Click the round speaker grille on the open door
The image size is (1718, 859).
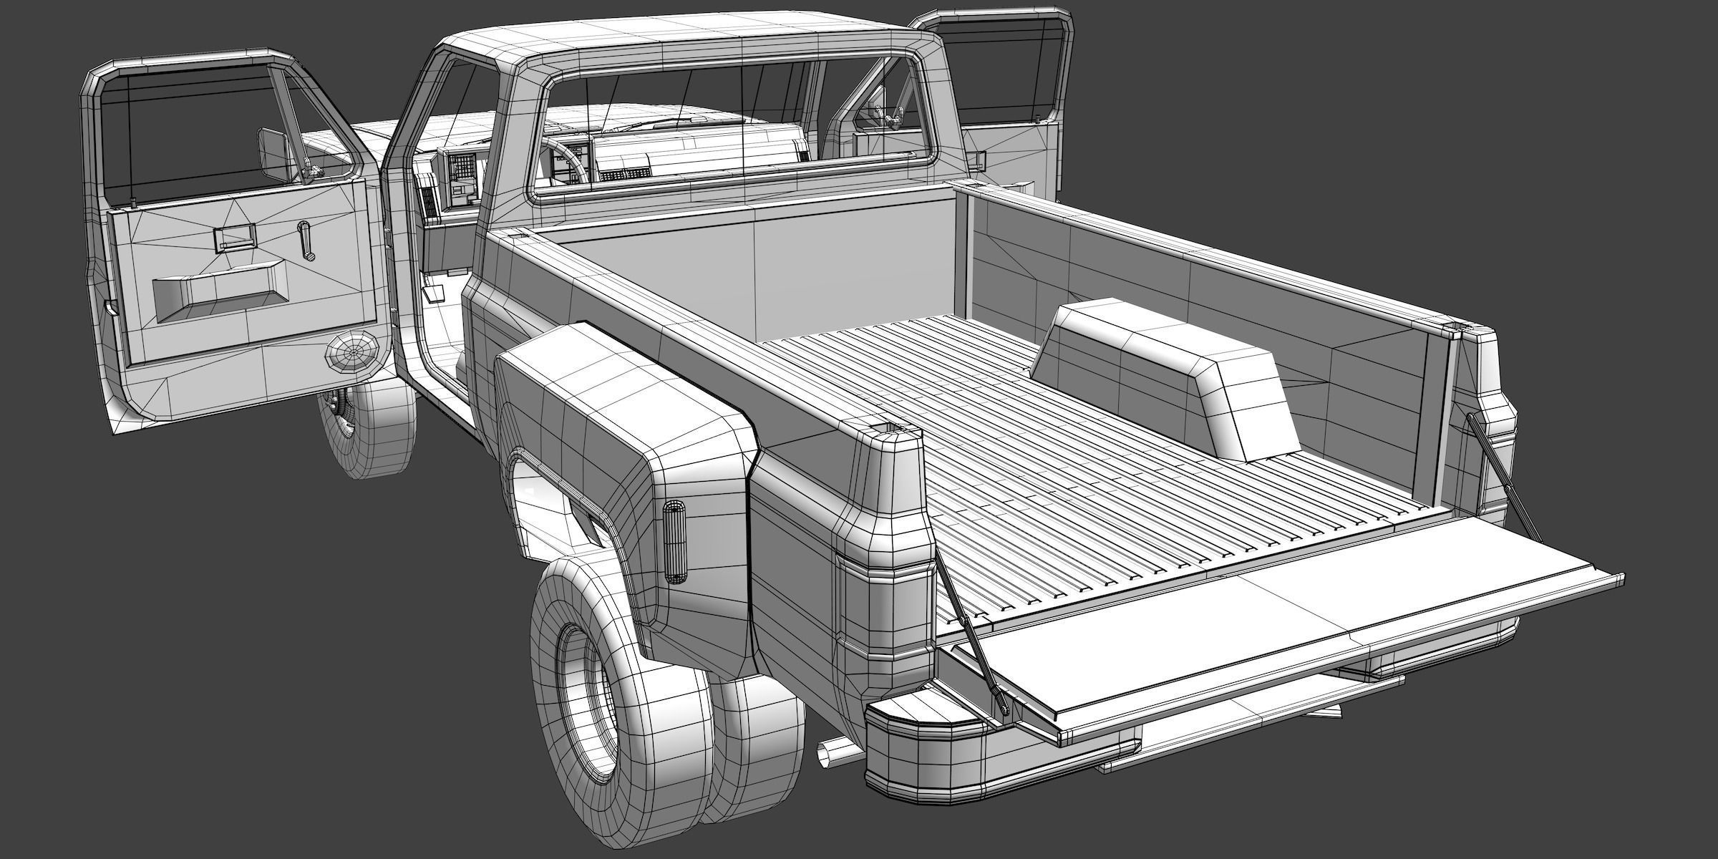point(351,353)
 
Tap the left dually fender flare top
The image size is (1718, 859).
point(630,379)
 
